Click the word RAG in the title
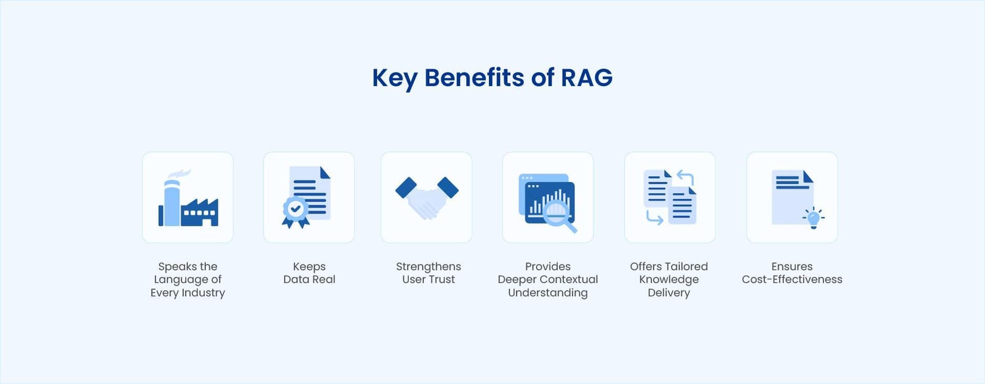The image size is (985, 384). [586, 78]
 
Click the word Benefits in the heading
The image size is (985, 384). [474, 78]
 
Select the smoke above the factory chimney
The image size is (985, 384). [179, 174]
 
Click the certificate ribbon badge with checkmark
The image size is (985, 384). [295, 210]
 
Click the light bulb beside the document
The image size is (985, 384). [813, 218]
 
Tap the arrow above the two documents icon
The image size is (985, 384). [685, 177]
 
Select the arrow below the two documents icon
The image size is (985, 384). [654, 217]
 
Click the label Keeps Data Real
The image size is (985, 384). [309, 273]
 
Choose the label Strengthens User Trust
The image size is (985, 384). [428, 273]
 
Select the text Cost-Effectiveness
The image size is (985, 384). [792, 279]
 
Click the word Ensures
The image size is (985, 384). [792, 266]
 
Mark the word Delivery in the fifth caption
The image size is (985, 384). [669, 293]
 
